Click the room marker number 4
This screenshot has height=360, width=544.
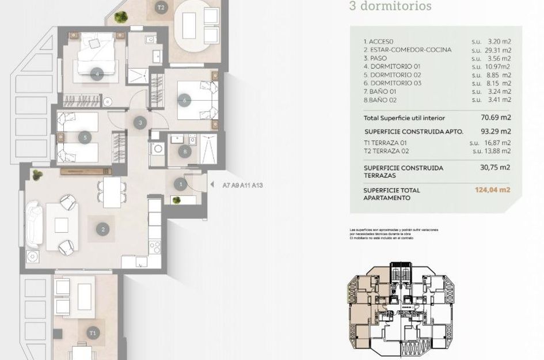(x=97, y=73)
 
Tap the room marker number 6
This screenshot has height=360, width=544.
(x=185, y=100)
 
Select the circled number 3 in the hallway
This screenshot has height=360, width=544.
(x=140, y=122)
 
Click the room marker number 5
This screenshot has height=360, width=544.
(x=85, y=138)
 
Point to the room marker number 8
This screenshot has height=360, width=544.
(x=184, y=152)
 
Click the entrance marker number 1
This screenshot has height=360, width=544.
(x=181, y=184)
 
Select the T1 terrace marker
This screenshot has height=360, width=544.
(x=92, y=333)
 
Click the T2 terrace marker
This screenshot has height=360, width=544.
(x=161, y=7)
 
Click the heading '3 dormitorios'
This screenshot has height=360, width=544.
(x=390, y=6)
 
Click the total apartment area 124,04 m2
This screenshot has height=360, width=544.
(x=492, y=190)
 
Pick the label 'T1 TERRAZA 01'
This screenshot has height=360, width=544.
(x=386, y=143)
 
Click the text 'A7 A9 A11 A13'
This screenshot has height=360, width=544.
(x=243, y=185)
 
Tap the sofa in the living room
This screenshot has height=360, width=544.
(x=34, y=225)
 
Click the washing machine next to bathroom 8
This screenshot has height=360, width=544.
(x=157, y=149)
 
